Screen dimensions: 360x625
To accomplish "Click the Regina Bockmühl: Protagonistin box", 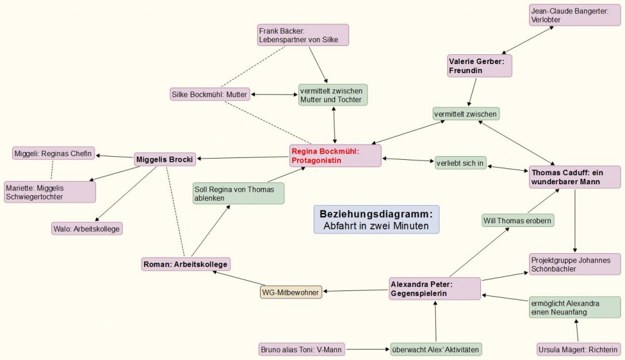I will (x=335, y=156).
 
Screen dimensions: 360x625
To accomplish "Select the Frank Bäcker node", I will (x=303, y=35).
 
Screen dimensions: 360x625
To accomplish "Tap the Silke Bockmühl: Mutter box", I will (x=210, y=95).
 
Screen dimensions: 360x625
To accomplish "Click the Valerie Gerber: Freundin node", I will (x=479, y=65).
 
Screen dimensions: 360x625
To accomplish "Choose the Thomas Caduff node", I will (x=574, y=177).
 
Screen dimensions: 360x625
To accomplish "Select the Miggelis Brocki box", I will (x=165, y=159).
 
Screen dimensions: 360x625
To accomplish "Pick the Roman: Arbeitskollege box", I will (x=185, y=264).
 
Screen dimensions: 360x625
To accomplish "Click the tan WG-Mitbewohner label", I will (x=291, y=292).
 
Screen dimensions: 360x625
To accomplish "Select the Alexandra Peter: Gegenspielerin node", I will (x=435, y=288).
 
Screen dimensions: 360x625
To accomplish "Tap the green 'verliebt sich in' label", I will (x=460, y=163).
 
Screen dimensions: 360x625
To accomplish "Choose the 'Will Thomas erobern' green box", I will (x=518, y=220).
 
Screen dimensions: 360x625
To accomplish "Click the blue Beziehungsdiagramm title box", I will (x=376, y=220).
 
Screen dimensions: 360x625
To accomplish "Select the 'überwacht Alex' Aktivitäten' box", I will (x=436, y=350).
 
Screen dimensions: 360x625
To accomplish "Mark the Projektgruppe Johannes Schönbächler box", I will (x=574, y=264).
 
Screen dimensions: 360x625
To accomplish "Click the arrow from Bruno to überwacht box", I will (x=367, y=350).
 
